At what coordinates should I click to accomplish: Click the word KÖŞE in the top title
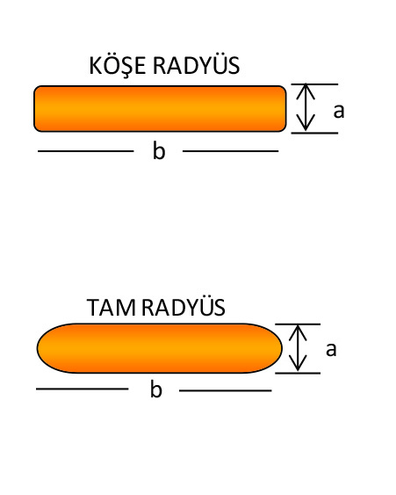(118, 66)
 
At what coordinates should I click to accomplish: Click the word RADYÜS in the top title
(196, 65)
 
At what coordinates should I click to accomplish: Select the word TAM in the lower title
(111, 308)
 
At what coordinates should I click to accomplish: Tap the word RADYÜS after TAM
(184, 307)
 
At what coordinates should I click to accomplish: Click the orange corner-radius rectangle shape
(160, 109)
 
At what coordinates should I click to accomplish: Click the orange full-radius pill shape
(160, 348)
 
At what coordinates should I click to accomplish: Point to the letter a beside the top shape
(339, 111)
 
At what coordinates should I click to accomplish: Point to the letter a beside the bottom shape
(331, 350)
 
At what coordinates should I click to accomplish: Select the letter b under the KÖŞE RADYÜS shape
(159, 150)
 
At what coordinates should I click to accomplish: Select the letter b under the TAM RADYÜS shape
(156, 389)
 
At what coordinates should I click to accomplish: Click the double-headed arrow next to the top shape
(306, 107)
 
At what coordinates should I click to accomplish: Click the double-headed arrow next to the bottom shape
(298, 348)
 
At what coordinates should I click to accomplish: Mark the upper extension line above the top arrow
(314, 84)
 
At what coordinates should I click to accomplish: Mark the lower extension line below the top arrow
(314, 134)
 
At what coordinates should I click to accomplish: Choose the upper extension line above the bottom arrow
(298, 324)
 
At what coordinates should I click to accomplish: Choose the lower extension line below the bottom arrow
(298, 373)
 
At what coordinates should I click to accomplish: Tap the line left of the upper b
(86, 151)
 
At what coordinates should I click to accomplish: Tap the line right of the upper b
(230, 151)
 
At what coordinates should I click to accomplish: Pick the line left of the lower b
(83, 389)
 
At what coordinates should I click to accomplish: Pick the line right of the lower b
(226, 391)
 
